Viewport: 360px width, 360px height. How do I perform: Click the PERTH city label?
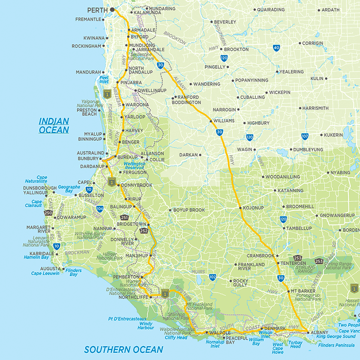tap(97, 9)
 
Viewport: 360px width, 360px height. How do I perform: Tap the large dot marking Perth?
tap(112, 9)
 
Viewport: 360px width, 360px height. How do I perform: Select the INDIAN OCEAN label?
tap(54, 125)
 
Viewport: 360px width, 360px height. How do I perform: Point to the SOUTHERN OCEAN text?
tap(123, 349)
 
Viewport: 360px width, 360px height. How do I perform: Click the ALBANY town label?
tap(320, 333)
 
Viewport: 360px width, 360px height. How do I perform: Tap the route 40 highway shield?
tap(276, 48)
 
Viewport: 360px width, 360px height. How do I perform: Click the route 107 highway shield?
tap(305, 136)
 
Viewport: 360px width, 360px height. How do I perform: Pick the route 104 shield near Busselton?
tap(100, 209)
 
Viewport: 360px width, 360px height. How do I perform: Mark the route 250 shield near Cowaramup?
tap(48, 213)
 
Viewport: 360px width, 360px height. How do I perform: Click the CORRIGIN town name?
tap(312, 43)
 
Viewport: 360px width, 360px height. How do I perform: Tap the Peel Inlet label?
tap(104, 78)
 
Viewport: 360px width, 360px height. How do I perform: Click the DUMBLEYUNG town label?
tap(308, 150)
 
